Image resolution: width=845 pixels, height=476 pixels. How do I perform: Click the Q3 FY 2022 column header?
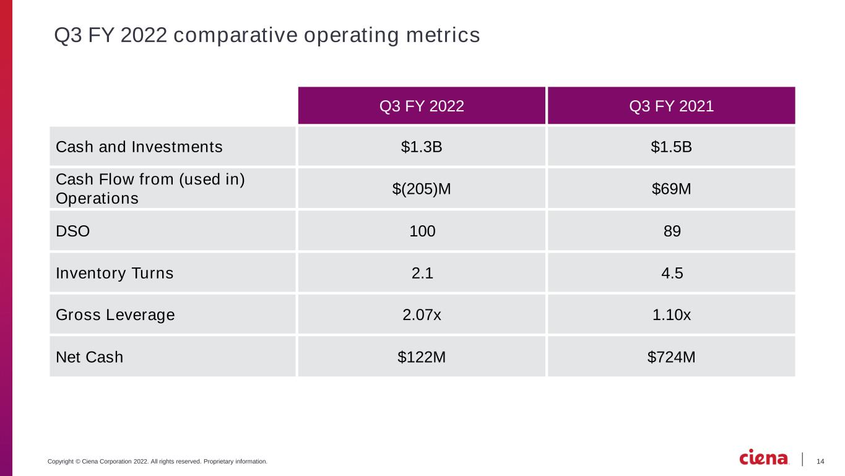point(422,106)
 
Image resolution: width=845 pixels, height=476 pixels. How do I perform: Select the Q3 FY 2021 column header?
point(672,106)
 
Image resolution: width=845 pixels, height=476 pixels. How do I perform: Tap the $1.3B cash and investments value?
point(422,147)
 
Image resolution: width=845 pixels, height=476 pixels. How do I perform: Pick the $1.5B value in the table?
point(672,147)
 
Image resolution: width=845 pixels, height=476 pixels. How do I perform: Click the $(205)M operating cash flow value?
point(422,189)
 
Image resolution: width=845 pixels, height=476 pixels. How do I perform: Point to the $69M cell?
point(672,189)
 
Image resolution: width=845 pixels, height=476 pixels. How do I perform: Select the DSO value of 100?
point(422,231)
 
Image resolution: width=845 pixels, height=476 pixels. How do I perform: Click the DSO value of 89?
point(672,231)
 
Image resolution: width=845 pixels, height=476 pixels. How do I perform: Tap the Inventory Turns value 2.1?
point(422,273)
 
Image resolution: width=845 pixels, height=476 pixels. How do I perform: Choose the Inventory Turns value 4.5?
point(672,273)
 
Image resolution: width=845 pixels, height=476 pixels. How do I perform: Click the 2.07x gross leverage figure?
point(422,314)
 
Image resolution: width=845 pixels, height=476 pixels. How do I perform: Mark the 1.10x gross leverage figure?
point(672,314)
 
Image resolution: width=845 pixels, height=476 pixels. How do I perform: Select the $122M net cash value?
point(422,357)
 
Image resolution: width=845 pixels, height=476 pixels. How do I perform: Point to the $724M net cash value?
point(672,357)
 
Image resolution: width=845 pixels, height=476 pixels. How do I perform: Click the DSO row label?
point(73,231)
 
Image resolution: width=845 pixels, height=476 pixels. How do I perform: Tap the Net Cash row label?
point(89,357)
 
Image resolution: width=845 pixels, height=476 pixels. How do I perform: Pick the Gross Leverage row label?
point(115,315)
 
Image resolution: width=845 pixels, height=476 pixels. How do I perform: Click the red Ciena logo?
point(763,457)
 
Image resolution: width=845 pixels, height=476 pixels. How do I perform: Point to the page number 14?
point(820,461)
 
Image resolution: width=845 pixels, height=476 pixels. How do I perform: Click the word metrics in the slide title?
point(443,35)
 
